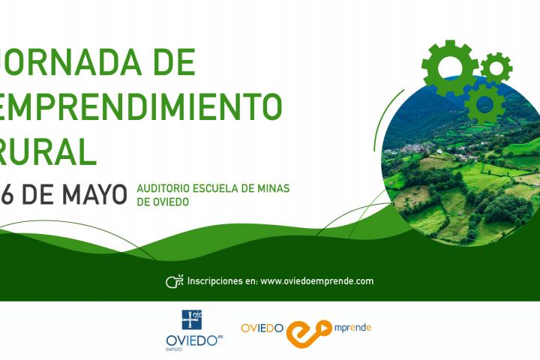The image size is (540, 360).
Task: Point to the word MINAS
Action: click(271, 187)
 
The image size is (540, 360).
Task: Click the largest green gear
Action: click(450, 67)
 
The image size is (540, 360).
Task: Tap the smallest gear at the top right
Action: click(496, 68)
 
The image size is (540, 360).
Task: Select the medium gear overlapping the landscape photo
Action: click(484, 103)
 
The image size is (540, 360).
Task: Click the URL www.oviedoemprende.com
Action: click(316, 281)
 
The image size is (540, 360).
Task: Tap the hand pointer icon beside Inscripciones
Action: click(174, 282)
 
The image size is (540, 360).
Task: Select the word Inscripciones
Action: click(215, 281)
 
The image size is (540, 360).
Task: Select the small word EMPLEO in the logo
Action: click(174, 349)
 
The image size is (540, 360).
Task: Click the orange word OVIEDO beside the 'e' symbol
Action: click(262, 328)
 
